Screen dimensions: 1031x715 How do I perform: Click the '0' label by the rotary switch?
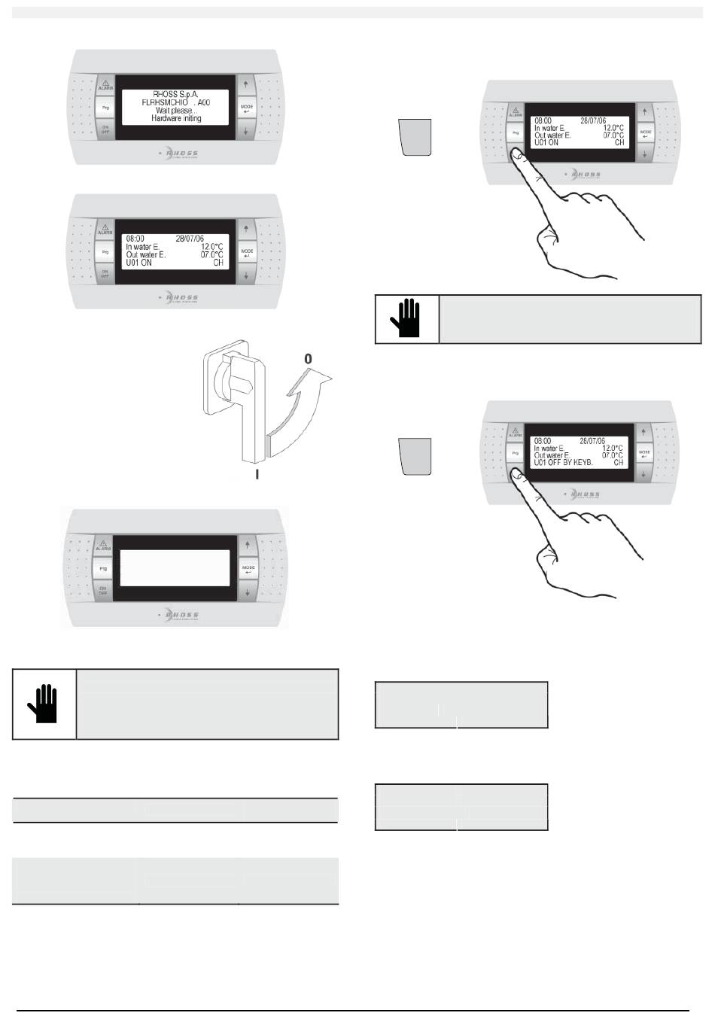click(308, 360)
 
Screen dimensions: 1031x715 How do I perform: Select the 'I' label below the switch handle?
click(258, 475)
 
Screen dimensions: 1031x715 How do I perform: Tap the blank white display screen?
click(175, 567)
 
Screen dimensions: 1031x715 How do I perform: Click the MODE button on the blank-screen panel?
click(248, 569)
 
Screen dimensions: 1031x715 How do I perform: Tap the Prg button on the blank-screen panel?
click(104, 569)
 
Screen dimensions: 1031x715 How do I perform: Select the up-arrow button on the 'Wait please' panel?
click(246, 84)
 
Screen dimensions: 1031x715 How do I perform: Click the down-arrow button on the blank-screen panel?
click(248, 592)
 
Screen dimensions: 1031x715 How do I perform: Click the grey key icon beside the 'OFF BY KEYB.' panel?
click(415, 456)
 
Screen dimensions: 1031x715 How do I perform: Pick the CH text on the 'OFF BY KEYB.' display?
click(619, 462)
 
